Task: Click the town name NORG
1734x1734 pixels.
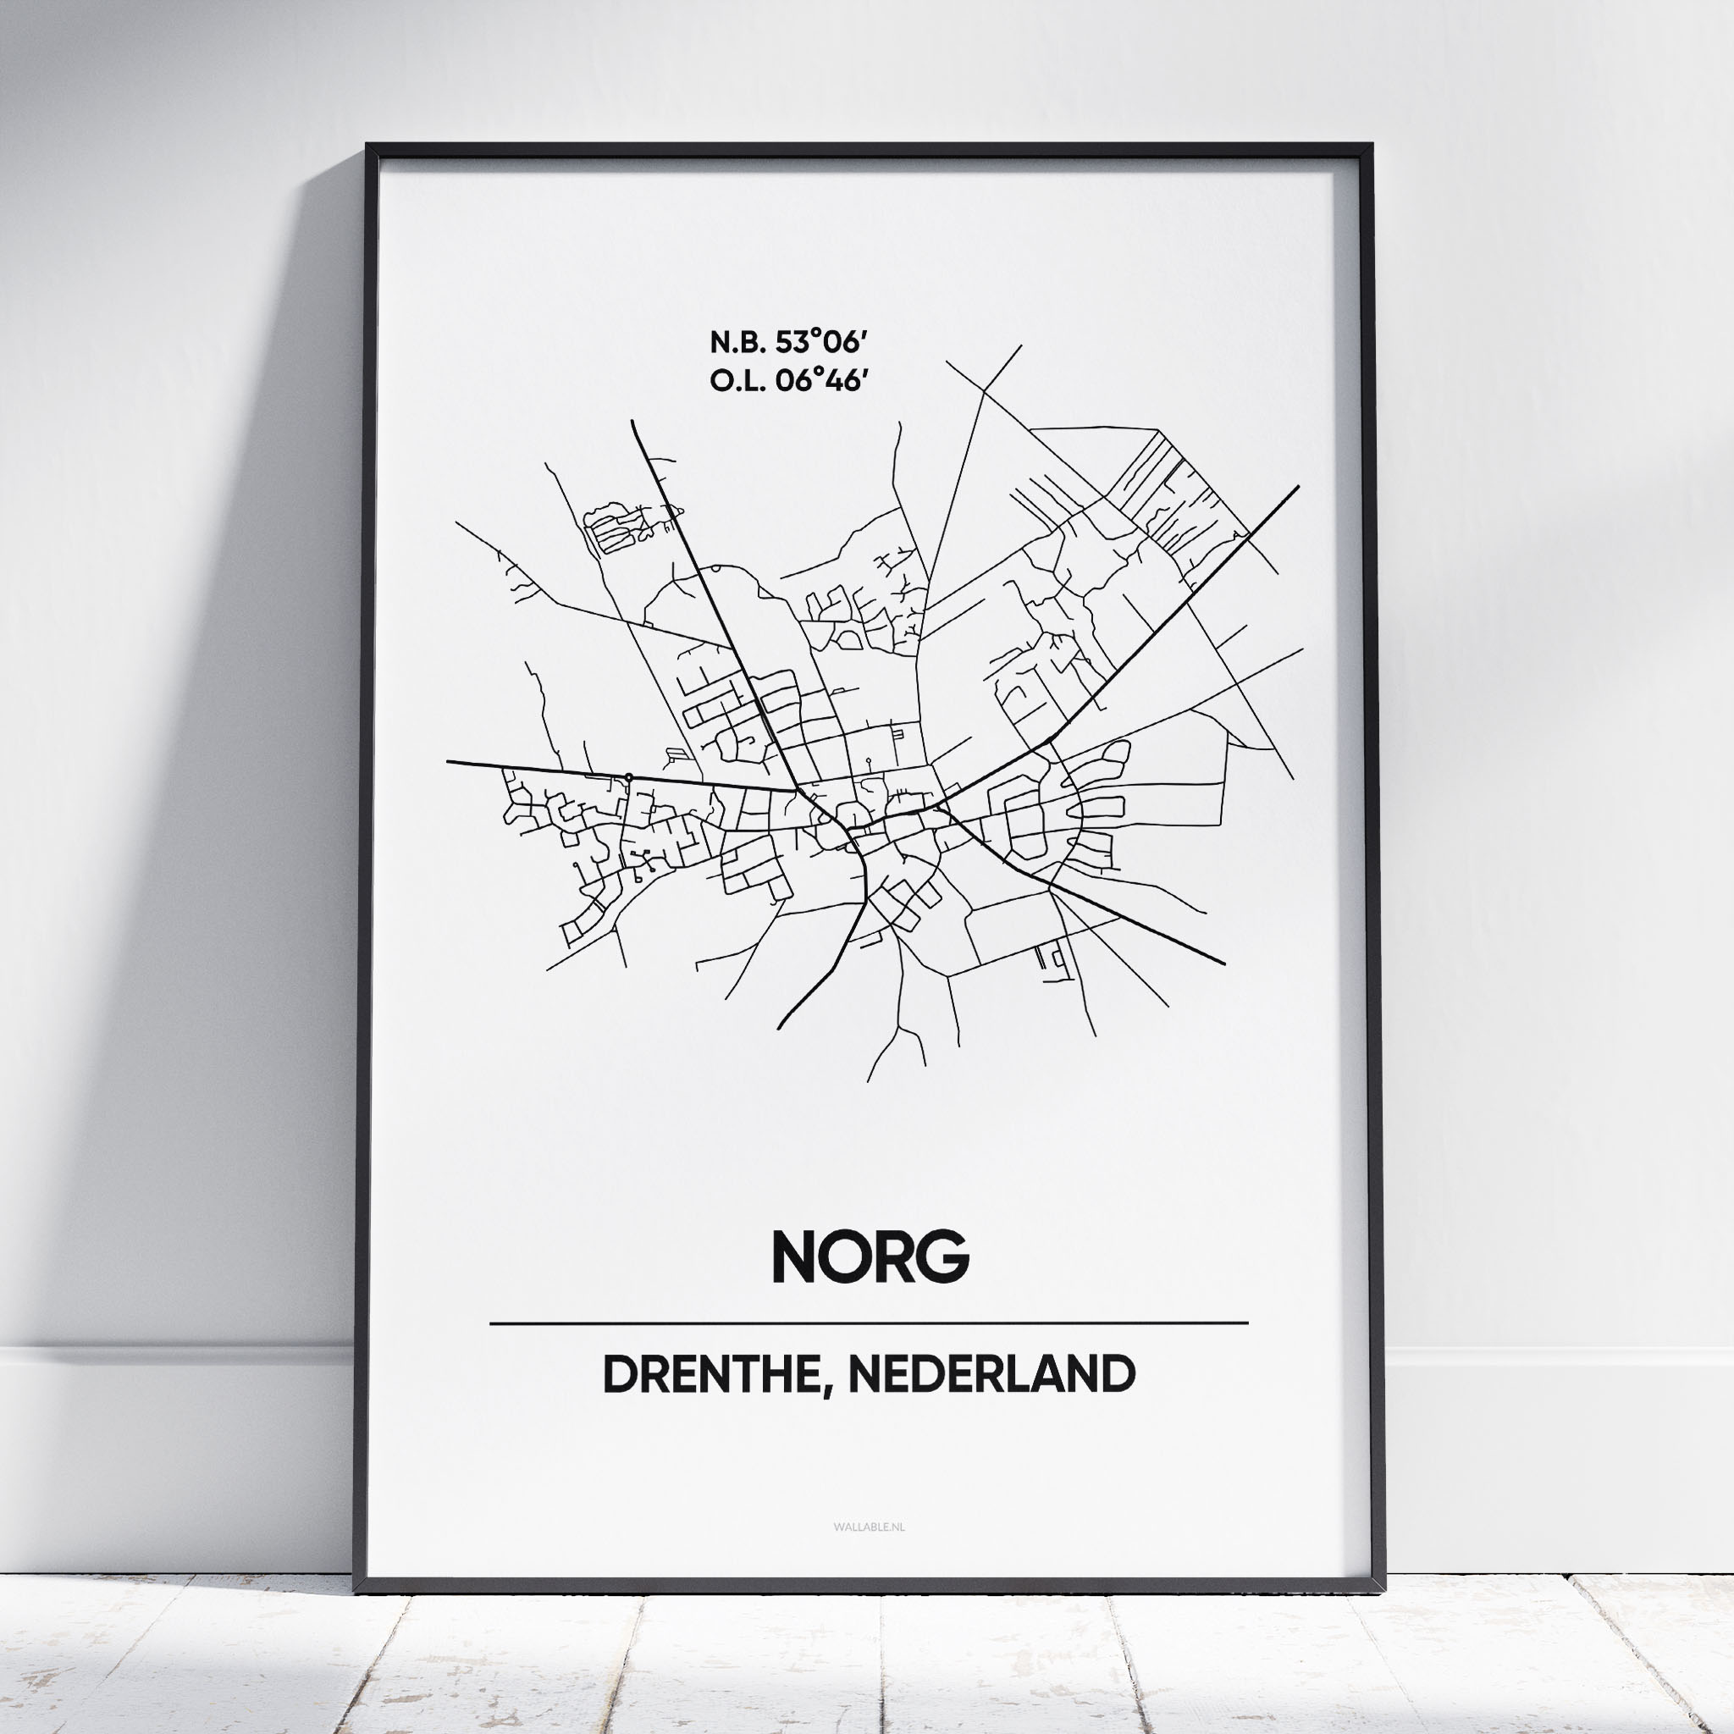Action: pyautogui.click(x=870, y=1256)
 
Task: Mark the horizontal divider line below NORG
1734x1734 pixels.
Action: pyautogui.click(x=868, y=1323)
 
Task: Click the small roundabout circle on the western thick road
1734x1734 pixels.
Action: pyautogui.click(x=628, y=776)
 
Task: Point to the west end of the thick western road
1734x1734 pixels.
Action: pyautogui.click(x=448, y=762)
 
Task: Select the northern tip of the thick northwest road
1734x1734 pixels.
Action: pyautogui.click(x=632, y=421)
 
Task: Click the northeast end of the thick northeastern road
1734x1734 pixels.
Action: pyautogui.click(x=1298, y=487)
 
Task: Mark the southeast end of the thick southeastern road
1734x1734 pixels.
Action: pyautogui.click(x=1224, y=964)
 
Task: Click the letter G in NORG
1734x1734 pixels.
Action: pyautogui.click(x=940, y=1256)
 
